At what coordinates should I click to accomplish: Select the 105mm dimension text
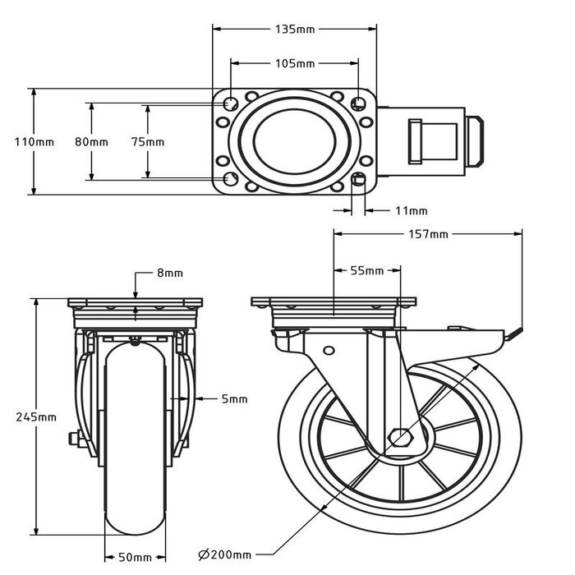294,63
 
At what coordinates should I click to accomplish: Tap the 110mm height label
34,142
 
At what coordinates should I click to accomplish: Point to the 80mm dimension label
91,142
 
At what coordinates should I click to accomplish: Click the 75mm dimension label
148,142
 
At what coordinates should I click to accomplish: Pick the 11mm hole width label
411,210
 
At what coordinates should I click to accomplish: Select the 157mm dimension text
427,235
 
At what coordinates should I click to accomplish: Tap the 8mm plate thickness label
170,273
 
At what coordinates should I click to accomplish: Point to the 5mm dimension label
234,399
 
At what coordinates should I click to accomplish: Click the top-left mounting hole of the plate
231,104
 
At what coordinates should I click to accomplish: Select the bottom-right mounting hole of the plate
358,179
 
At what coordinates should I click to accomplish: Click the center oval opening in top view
294,141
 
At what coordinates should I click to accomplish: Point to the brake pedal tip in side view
516,333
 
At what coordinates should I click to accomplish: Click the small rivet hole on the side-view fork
329,351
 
